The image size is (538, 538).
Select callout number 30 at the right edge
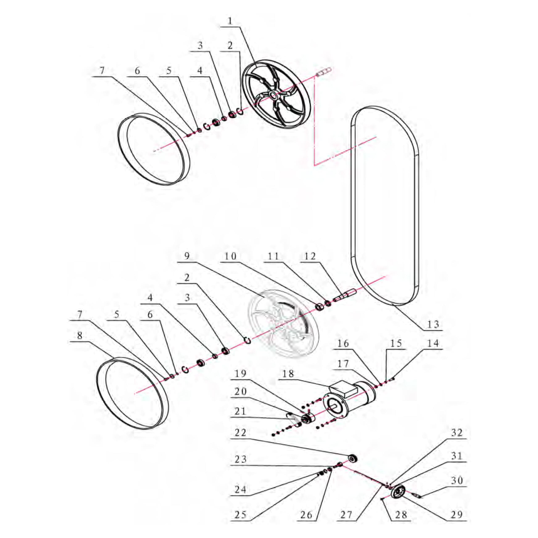[x=457, y=480]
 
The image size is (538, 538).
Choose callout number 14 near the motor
[x=433, y=343]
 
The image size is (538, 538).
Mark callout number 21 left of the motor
[x=240, y=411]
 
